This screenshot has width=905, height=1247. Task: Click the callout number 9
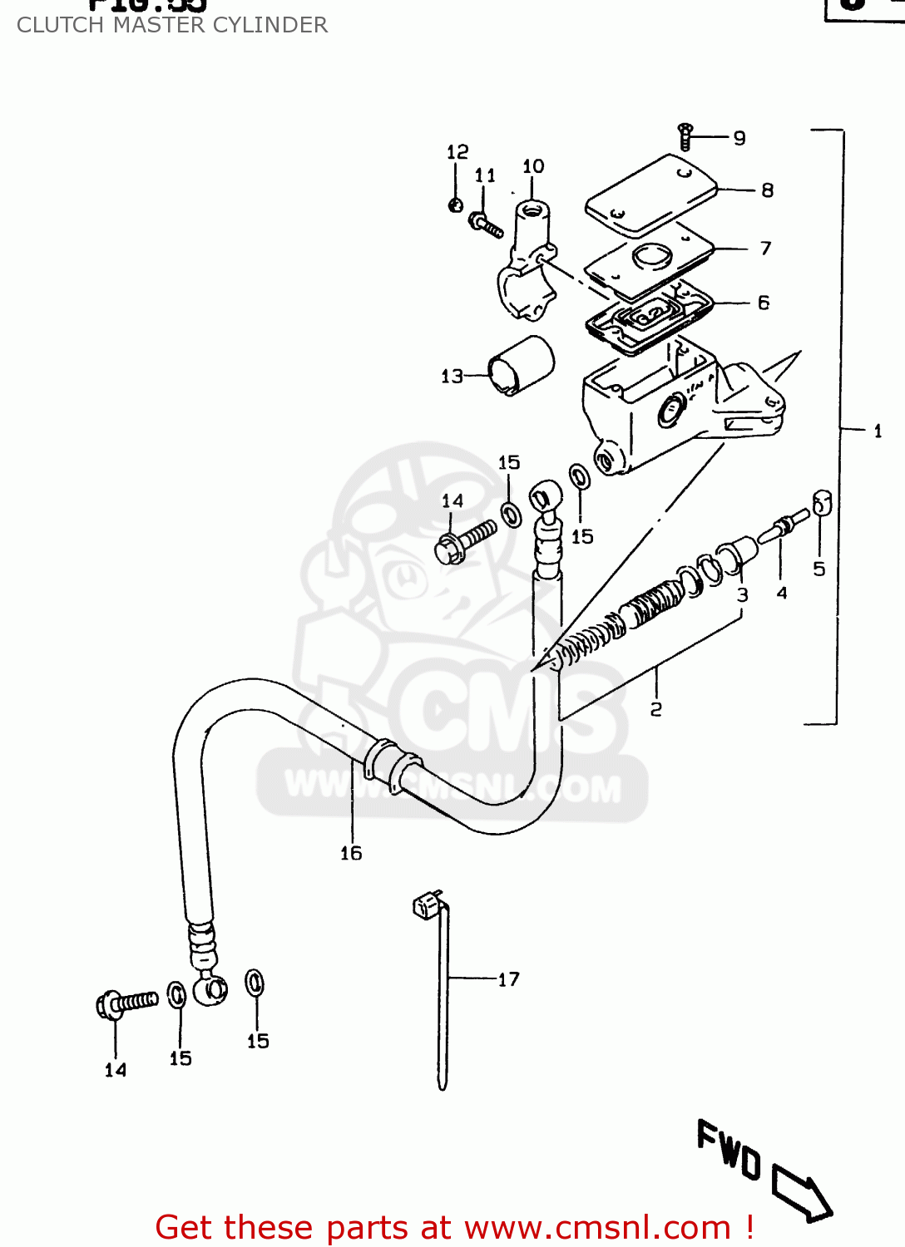click(739, 138)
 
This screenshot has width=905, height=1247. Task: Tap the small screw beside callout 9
click(685, 136)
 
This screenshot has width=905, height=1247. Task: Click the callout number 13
click(452, 377)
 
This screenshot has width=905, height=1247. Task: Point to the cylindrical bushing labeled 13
click(521, 366)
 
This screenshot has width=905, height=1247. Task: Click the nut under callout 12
click(455, 204)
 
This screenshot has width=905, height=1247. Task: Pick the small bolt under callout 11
click(485, 224)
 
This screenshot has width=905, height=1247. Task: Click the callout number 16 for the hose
click(351, 853)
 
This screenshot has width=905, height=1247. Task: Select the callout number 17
click(508, 979)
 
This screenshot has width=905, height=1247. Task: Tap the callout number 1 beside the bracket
click(878, 431)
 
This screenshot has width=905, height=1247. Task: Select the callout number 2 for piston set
click(656, 709)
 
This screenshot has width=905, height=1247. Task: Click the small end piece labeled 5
click(822, 503)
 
